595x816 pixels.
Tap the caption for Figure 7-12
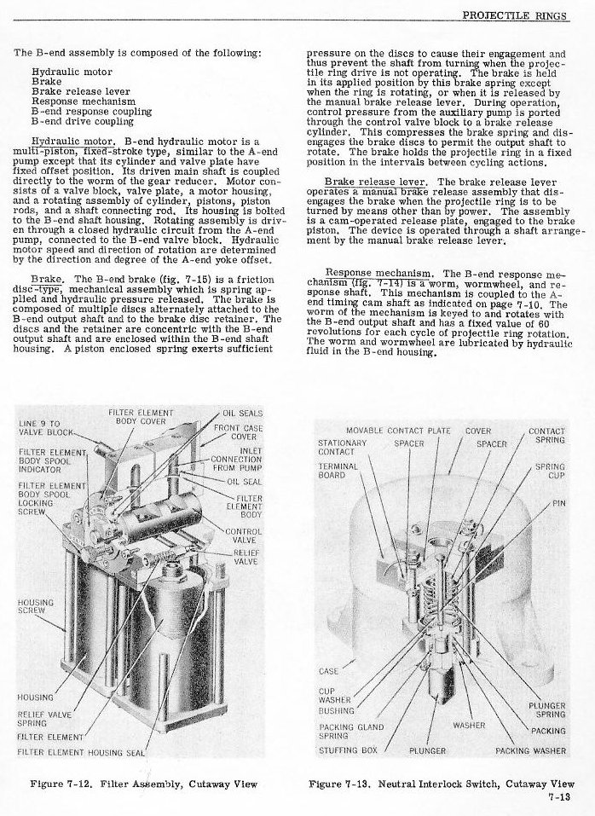pyautogui.click(x=143, y=783)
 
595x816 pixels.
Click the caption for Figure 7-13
pyautogui.click(x=441, y=783)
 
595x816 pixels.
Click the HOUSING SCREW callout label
pyautogui.click(x=35, y=606)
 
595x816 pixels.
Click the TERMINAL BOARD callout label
pyautogui.click(x=332, y=472)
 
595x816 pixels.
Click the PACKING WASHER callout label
pyautogui.click(x=536, y=751)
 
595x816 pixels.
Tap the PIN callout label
pyautogui.click(x=558, y=503)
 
